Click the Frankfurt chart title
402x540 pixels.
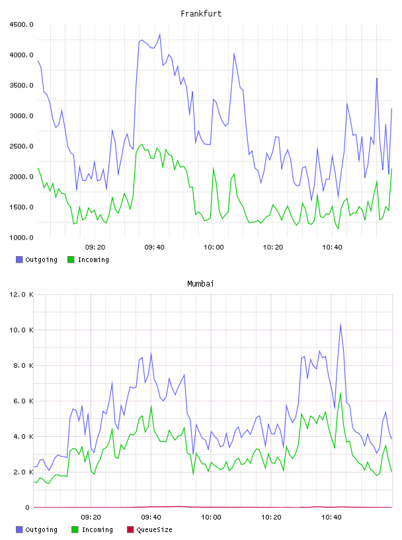click(201, 14)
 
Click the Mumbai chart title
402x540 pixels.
click(200, 284)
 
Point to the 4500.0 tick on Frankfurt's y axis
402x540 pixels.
click(21, 24)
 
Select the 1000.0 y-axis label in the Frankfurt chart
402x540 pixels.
click(21, 238)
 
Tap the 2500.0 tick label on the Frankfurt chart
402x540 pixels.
click(21, 146)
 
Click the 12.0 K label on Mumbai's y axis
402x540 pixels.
click(21, 294)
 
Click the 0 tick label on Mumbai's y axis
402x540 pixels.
click(27, 508)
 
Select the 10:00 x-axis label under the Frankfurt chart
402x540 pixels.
click(214, 247)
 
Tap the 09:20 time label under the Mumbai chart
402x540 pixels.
click(91, 517)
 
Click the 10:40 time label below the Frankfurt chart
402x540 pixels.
click(332, 247)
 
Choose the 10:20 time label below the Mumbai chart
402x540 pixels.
click(271, 517)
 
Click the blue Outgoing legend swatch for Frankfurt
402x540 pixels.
click(19, 259)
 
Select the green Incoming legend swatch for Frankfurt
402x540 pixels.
click(71, 259)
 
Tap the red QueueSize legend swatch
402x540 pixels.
click(130, 529)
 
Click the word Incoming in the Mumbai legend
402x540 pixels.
click(97, 529)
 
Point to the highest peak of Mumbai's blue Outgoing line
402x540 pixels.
click(341, 324)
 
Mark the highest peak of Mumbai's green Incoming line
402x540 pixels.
click(341, 393)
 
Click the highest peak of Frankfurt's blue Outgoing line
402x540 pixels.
click(160, 34)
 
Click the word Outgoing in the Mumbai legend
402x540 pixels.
click(41, 529)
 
